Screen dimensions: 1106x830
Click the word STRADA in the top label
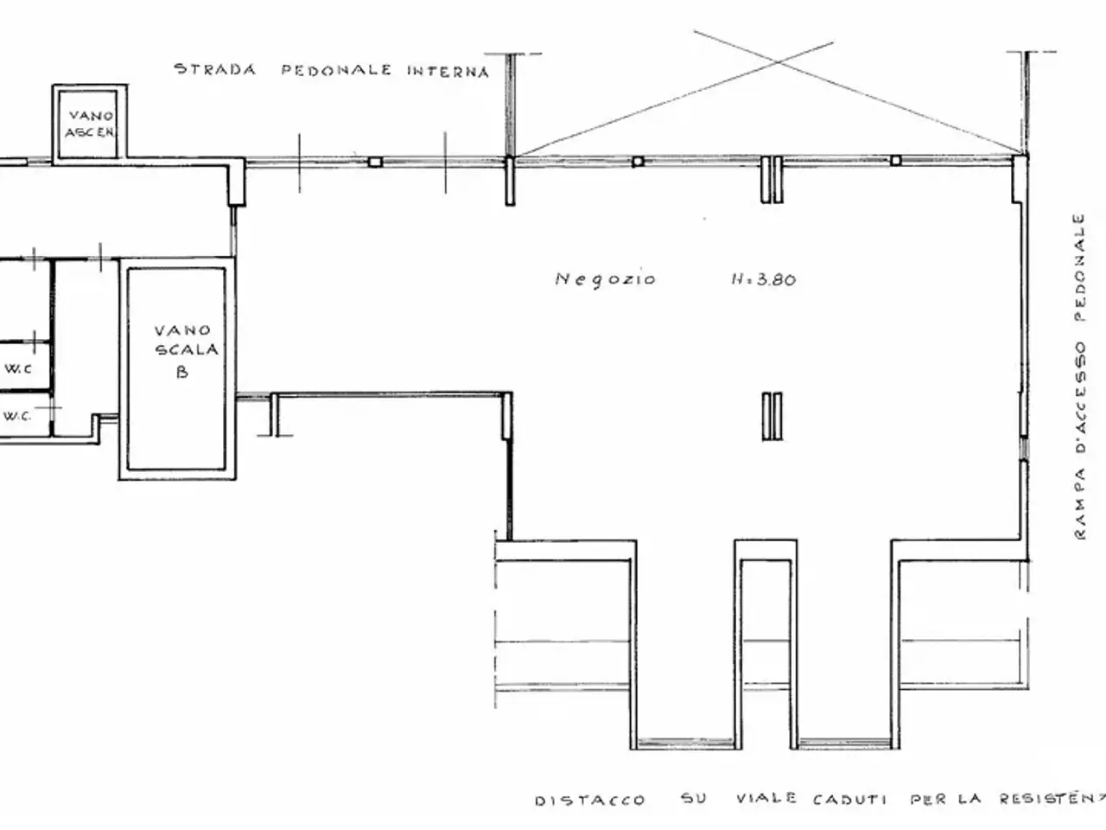215,69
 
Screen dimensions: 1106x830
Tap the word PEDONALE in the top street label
336,70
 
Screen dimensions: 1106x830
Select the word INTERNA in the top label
448,72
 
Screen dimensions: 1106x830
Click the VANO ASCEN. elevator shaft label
91,124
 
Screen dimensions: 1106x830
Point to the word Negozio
605,279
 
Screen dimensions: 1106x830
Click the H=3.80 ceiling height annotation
763,279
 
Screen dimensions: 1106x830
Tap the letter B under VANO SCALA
182,372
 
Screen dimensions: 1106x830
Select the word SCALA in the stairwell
187,349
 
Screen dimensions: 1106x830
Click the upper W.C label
18,368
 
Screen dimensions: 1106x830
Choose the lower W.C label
17,416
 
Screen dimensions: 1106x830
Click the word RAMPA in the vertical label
1080,504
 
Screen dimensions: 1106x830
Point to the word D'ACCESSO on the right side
1080,398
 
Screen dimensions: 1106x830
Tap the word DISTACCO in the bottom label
589,801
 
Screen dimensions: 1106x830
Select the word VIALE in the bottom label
766,798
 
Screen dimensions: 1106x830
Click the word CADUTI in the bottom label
849,800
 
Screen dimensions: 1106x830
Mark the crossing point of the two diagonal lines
779,62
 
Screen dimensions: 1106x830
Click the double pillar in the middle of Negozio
772,416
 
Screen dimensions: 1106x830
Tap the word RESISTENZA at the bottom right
1052,798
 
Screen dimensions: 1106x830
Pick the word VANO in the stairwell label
182,330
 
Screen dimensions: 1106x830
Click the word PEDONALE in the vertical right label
1079,267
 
